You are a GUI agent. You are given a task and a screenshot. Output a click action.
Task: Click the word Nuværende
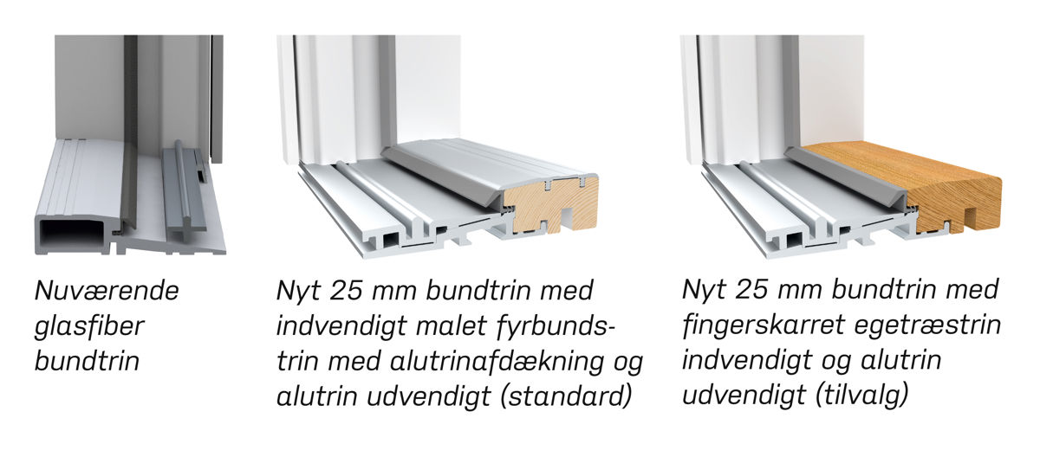(x=107, y=291)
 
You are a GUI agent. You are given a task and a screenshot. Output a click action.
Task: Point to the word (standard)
(x=566, y=396)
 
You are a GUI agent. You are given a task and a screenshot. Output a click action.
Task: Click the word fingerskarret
(x=763, y=326)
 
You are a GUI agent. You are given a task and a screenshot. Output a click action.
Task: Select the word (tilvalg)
(x=861, y=396)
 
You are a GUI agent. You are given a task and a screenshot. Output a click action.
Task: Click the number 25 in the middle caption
(x=346, y=291)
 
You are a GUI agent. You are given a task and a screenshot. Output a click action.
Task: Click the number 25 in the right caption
(x=751, y=290)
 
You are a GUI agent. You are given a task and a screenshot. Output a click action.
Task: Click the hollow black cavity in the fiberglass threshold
(x=75, y=237)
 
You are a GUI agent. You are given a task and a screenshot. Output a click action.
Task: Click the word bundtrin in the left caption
(x=88, y=362)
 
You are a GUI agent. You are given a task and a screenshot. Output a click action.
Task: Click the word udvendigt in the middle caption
(x=428, y=396)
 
